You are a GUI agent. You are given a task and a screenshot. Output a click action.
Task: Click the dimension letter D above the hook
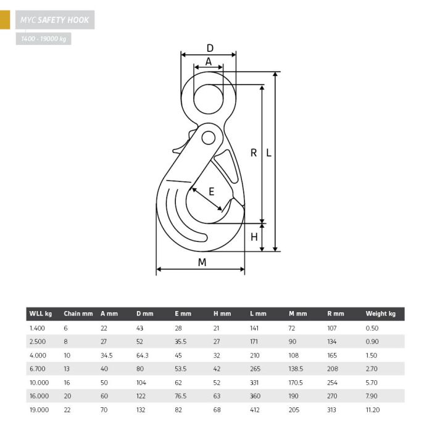[x=210, y=48]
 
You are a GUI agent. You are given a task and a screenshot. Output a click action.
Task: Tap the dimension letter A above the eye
[x=209, y=62]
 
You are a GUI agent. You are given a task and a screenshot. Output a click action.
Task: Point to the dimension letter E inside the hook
[x=211, y=191]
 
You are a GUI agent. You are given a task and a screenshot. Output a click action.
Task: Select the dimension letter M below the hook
[x=202, y=262]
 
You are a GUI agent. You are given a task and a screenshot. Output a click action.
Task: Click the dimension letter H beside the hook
[x=254, y=237]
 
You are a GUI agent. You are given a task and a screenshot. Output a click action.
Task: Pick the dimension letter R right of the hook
[x=254, y=152]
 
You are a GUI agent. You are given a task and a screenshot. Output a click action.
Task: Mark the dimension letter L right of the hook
[x=268, y=152]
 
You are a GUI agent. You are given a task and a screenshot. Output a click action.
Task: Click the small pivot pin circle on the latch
[x=209, y=138]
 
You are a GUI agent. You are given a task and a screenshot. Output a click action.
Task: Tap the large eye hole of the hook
[x=209, y=99]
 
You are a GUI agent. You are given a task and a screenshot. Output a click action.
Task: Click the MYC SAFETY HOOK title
[x=54, y=20]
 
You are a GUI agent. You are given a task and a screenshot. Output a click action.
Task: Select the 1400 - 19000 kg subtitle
[x=44, y=39]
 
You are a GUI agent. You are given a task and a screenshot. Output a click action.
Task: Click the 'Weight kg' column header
[x=381, y=314]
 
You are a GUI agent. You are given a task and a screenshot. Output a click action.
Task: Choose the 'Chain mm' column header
[x=78, y=314]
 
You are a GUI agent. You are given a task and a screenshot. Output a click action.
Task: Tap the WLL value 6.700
[x=37, y=368]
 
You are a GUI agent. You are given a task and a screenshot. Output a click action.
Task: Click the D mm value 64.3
[x=142, y=355]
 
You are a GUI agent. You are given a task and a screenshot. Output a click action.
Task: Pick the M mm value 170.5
[x=296, y=383]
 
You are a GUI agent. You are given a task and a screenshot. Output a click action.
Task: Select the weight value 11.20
[x=373, y=410]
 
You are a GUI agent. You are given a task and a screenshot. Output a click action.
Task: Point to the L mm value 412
[x=254, y=410]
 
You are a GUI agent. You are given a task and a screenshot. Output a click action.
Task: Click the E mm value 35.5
[x=180, y=342]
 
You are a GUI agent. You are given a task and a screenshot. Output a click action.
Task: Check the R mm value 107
[x=332, y=328]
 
